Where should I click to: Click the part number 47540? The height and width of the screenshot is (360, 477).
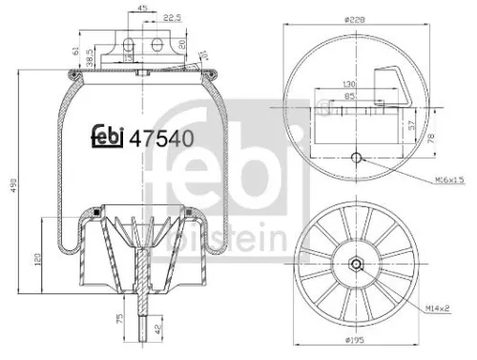163,137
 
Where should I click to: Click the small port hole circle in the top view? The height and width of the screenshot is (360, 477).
357,159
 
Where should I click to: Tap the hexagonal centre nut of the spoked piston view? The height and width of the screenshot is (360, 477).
357,265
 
